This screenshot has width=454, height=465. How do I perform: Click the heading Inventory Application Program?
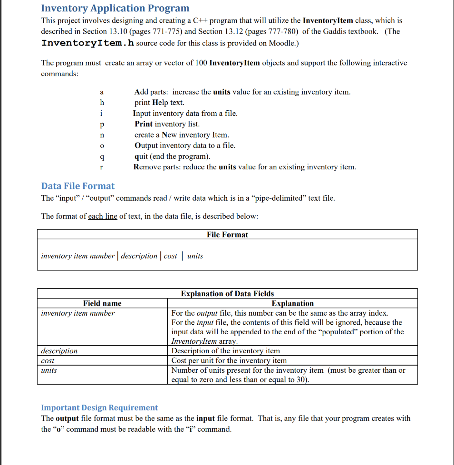coord(115,8)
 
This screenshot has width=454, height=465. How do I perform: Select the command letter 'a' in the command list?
coord(102,92)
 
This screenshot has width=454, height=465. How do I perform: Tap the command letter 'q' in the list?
coord(102,157)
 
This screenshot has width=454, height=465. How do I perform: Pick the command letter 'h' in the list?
coord(102,103)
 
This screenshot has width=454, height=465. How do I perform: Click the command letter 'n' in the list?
coord(102,135)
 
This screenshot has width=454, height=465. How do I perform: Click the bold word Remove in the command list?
coord(146,167)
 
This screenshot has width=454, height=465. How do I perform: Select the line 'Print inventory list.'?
coord(167,124)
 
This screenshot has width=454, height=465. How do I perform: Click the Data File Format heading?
coord(78,186)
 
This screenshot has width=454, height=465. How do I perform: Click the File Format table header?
coord(227,235)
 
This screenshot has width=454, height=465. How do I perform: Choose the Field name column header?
coord(102,303)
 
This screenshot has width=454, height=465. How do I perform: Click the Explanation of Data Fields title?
coord(227,294)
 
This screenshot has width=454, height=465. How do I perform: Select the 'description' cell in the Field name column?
coord(59,351)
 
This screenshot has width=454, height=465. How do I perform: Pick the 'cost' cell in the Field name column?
coord(47,361)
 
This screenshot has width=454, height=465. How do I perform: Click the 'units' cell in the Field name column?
coord(49,371)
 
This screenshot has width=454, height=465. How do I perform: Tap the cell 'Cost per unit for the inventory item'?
coord(229,361)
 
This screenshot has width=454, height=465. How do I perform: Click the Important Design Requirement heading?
coord(100,408)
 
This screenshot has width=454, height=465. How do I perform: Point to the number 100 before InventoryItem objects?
coord(201,63)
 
